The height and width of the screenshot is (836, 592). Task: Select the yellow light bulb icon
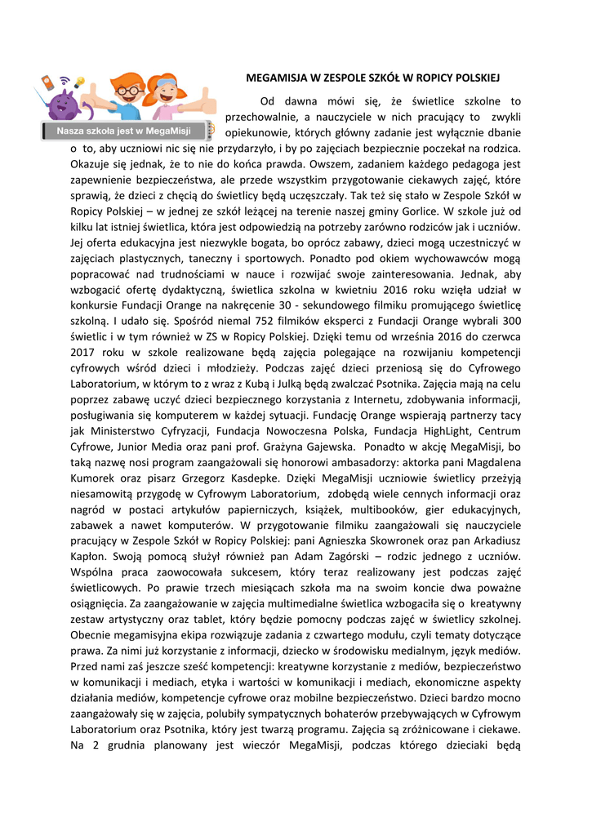pos(79,82)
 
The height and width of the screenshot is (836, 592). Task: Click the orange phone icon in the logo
pos(47,83)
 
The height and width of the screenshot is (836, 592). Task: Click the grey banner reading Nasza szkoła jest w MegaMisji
pos(123,131)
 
